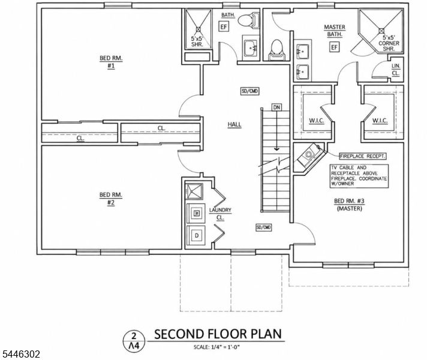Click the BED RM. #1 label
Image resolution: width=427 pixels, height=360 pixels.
[111, 62]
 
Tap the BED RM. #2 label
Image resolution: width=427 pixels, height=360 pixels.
[111, 199]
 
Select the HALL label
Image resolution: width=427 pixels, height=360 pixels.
[234, 125]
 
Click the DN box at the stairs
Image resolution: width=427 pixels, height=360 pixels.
[276, 107]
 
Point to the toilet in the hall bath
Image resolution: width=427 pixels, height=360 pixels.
[248, 20]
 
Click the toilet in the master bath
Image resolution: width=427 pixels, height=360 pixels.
[276, 50]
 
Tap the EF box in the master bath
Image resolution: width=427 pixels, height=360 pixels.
[334, 47]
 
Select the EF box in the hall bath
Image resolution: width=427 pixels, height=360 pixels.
[224, 27]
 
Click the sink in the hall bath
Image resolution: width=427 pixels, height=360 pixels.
[250, 48]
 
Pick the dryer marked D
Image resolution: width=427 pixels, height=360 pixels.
[197, 236]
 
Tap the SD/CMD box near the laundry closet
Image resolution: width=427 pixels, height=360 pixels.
[264, 227]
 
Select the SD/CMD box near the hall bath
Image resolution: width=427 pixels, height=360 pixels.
[249, 91]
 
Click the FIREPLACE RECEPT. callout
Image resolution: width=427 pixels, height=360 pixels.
[363, 156]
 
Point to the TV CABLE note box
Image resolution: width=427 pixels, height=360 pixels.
[359, 176]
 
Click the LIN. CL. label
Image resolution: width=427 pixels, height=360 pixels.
[396, 70]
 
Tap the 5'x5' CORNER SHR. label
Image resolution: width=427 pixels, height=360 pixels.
[389, 43]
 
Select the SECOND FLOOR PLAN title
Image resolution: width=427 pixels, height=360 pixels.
[218, 334]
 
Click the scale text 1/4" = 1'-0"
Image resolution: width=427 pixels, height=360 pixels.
[217, 347]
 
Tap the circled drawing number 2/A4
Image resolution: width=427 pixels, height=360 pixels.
[134, 341]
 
